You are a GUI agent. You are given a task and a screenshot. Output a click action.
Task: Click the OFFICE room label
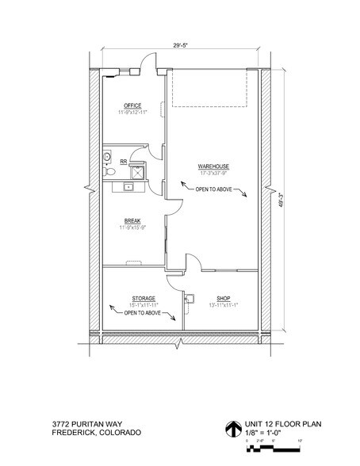[132, 105]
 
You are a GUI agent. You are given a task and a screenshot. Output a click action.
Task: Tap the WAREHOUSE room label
[213, 166]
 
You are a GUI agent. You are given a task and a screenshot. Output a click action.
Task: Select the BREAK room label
[132, 221]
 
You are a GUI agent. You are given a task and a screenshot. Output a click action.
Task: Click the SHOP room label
[223, 298]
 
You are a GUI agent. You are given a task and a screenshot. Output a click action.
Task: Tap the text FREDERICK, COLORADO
[96, 434]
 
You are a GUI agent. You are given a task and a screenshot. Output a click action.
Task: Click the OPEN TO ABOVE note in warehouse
[213, 187]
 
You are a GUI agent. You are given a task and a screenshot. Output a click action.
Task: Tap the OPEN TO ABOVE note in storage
[144, 313]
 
